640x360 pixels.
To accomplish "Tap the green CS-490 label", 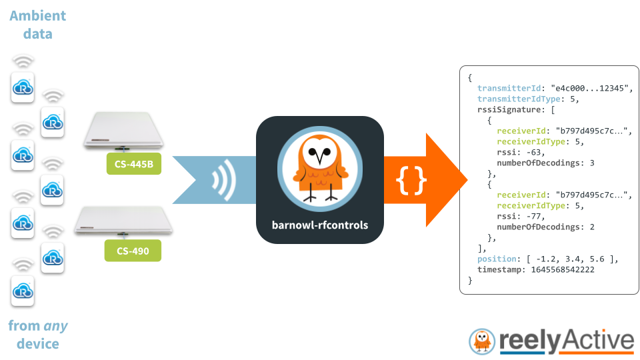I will click(x=133, y=251).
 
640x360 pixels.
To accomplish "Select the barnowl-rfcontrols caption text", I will click(x=320, y=225).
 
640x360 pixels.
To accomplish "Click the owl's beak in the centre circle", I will click(x=320, y=161).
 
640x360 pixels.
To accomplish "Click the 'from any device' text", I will click(x=38, y=335).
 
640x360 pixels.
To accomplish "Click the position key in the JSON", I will click(x=496, y=259).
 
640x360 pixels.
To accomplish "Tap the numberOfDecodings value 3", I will click(x=591, y=163).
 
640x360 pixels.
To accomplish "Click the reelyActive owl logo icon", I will click(x=482, y=341).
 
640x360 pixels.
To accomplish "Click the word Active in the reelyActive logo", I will click(x=597, y=341).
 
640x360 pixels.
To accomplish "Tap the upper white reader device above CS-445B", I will click(x=124, y=131).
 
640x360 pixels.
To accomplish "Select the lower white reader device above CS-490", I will click(x=124, y=221).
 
